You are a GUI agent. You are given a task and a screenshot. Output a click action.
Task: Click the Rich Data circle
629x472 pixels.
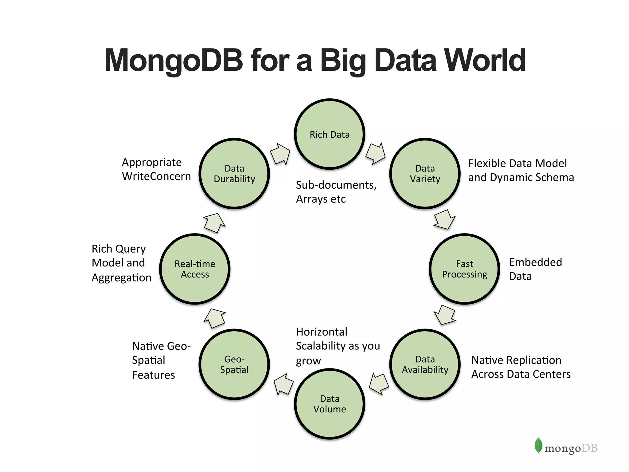pyautogui.click(x=330, y=134)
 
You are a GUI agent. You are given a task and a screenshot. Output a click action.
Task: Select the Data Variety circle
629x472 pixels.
pyautogui.click(x=425, y=174)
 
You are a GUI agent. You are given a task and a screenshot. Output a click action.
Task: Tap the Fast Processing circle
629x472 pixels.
pyautogui.click(x=464, y=269)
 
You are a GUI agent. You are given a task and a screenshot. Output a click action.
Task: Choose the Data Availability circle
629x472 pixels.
pyautogui.click(x=425, y=364)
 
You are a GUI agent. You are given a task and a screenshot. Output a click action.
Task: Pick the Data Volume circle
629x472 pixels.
pyautogui.click(x=330, y=404)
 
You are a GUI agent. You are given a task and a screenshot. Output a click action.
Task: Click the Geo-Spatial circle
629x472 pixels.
pyautogui.click(x=234, y=364)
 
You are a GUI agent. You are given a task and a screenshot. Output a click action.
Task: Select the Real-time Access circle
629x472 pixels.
pyautogui.click(x=195, y=269)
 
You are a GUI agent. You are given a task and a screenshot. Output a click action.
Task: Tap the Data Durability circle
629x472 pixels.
pyautogui.click(x=234, y=174)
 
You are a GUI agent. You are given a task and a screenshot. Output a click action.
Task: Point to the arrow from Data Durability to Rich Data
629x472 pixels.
pyautogui.click(x=280, y=153)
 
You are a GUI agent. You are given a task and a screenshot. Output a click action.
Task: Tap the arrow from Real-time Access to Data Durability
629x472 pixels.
pyautogui.click(x=214, y=222)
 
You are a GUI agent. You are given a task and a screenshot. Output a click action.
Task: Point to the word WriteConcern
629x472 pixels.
pyautogui.click(x=156, y=176)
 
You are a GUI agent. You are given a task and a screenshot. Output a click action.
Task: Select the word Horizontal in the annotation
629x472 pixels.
pyautogui.click(x=322, y=332)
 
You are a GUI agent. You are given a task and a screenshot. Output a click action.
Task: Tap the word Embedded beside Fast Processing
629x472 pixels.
pyautogui.click(x=535, y=262)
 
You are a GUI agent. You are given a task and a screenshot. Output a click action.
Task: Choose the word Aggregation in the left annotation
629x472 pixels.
pyautogui.click(x=121, y=278)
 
